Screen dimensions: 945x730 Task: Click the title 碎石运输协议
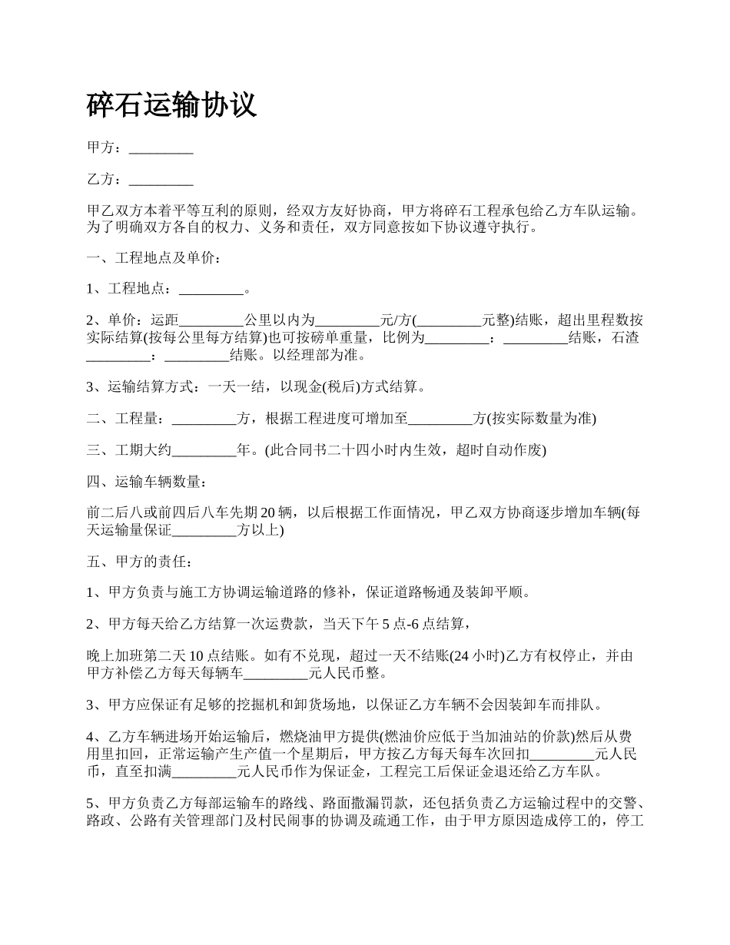click(171, 106)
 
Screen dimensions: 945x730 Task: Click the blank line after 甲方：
click(161, 148)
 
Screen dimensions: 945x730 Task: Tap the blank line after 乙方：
click(161, 180)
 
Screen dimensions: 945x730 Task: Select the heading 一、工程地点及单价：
click(155, 258)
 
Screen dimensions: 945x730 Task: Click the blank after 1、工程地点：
click(211, 290)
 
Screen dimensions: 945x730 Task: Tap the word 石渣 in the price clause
click(625, 337)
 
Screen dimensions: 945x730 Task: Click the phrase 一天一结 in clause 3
click(233, 386)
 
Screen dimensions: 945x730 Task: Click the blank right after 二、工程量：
click(204, 419)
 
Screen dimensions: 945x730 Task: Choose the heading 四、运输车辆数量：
click(146, 482)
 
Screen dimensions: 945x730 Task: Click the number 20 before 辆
click(268, 513)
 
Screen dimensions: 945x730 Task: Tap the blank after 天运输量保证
click(204, 530)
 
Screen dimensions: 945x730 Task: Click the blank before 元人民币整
click(275, 674)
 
